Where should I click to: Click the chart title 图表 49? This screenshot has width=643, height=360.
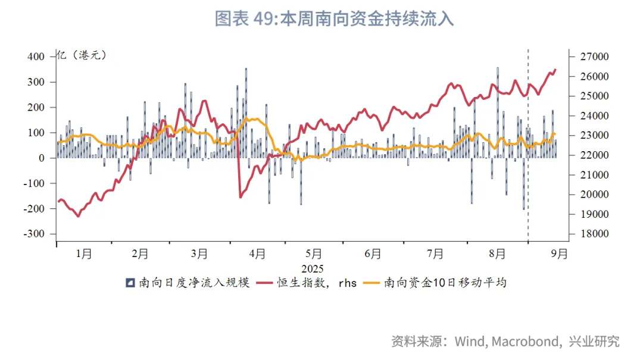point(333,19)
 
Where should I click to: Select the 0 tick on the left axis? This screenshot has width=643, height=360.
point(41,158)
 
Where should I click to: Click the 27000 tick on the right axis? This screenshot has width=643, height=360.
point(591,57)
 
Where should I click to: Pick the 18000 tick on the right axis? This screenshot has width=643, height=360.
point(591,234)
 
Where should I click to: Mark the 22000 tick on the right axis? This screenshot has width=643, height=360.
point(591,155)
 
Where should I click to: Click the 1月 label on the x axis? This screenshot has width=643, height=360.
point(84,254)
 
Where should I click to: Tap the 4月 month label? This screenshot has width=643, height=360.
point(257,254)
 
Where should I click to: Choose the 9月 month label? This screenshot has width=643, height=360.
point(559,254)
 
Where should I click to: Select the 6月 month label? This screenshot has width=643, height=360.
point(373,254)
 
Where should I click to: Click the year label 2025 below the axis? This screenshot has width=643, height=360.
point(313,268)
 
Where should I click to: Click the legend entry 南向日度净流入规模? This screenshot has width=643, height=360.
point(191,283)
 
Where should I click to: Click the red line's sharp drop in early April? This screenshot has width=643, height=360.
point(239,173)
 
